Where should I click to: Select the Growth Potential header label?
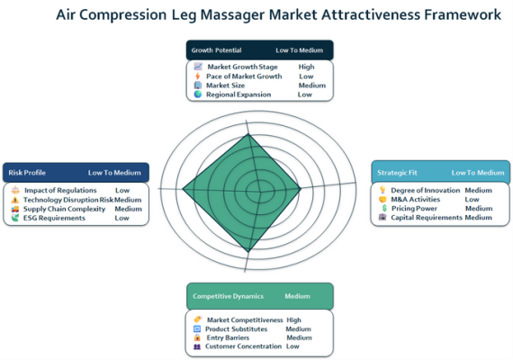tap(216, 50)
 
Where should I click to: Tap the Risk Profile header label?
tap(27, 173)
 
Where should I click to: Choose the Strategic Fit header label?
tap(397, 173)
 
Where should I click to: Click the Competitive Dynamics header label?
tap(228, 296)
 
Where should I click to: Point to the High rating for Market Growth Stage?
tap(306, 67)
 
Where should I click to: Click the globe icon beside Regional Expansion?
tap(198, 94)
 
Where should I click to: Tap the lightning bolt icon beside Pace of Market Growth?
tap(197, 76)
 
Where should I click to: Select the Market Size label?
tap(225, 85)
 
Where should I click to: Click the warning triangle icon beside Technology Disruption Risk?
tap(14, 200)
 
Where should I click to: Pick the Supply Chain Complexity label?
tap(64, 209)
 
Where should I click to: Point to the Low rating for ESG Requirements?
tap(121, 218)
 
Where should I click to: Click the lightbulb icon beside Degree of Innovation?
tap(382, 190)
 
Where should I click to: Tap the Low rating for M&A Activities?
tap(472, 199)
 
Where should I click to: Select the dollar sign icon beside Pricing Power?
tap(384, 208)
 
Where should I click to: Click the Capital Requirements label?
tap(427, 217)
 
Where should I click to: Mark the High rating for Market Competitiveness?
tap(293, 320)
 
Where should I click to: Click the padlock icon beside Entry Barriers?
tap(197, 337)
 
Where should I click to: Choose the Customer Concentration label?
tap(243, 346)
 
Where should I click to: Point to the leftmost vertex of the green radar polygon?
tap(183, 189)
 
